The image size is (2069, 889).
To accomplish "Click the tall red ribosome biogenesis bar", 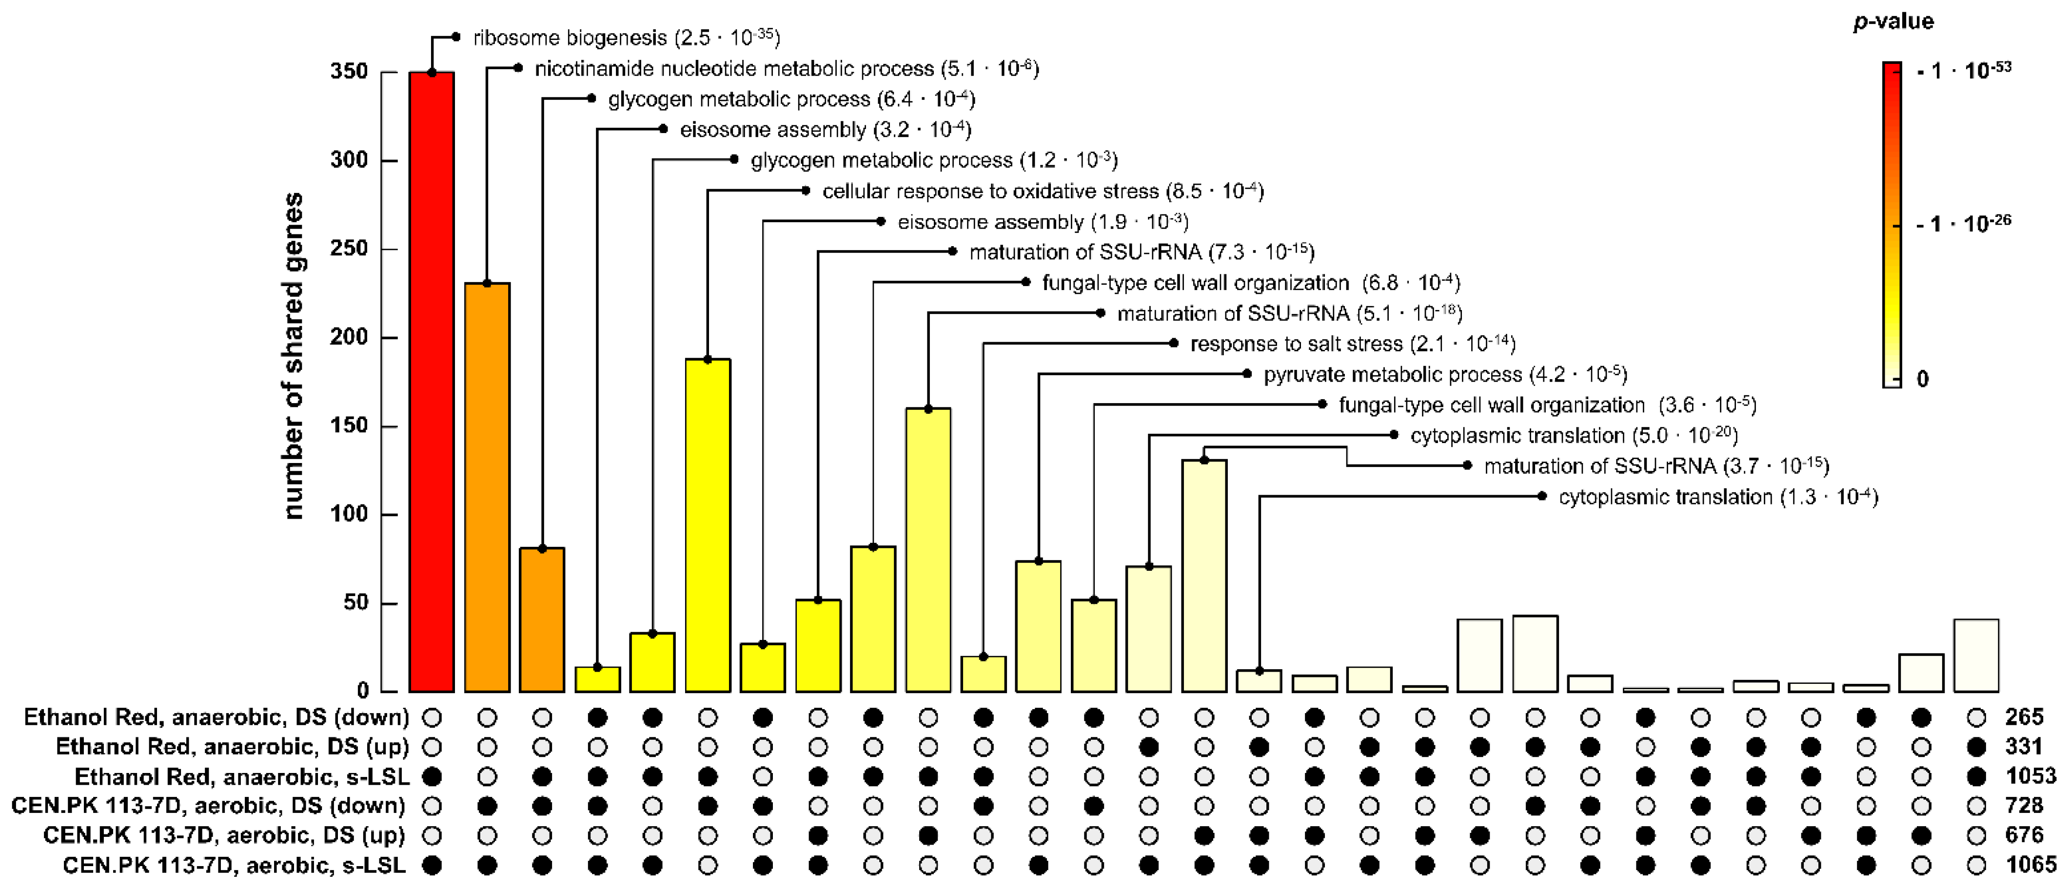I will [432, 382].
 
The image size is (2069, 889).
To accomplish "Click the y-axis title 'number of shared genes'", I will [293, 356].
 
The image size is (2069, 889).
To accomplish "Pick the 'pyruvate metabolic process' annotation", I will [1444, 374].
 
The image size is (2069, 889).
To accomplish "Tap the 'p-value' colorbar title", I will [1892, 21].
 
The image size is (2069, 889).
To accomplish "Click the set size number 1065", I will [2030, 865].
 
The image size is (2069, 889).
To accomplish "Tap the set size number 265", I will [2024, 716].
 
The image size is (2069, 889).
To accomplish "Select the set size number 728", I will [2024, 806].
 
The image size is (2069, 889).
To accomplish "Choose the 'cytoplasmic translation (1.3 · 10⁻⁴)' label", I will [1717, 497].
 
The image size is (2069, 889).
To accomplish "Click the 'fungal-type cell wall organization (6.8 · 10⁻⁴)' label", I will [1251, 283].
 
